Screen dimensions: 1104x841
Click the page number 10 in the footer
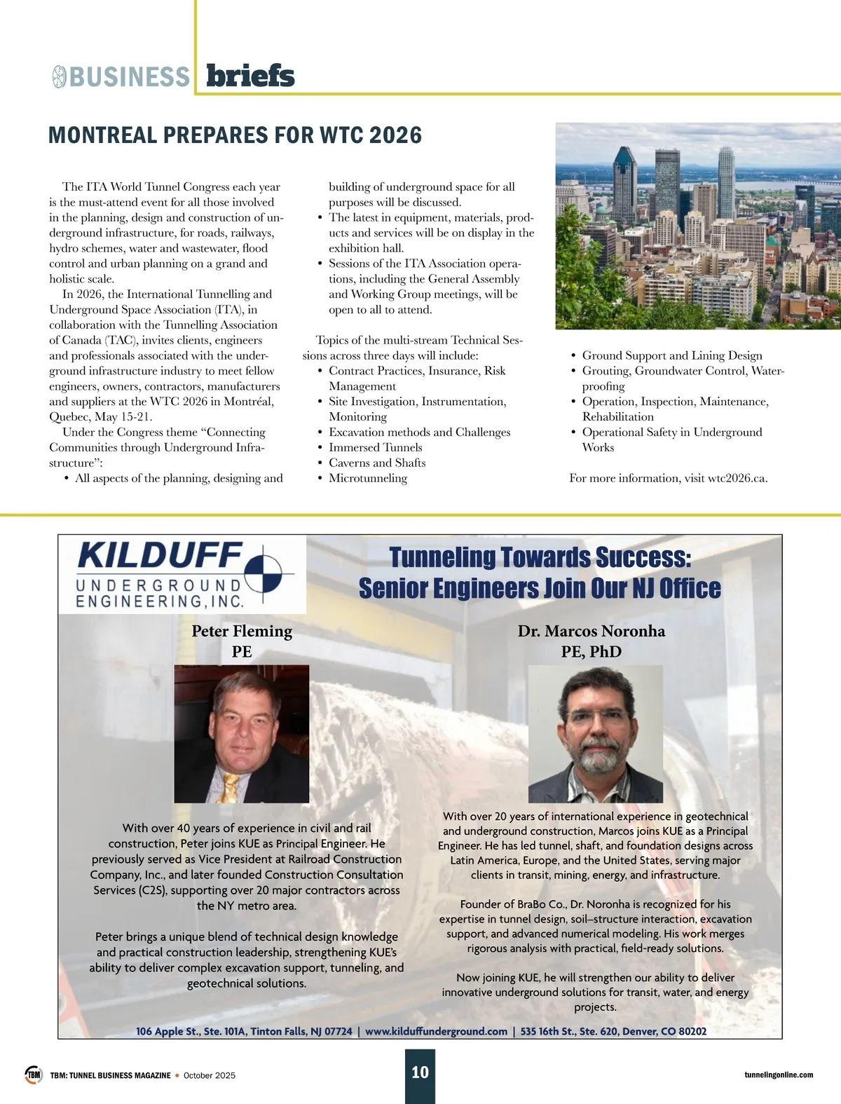420,1072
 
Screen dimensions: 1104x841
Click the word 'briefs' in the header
250,76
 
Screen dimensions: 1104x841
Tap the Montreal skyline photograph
697,226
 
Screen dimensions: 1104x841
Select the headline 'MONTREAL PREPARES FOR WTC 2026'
235,135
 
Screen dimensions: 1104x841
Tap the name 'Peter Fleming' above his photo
242,631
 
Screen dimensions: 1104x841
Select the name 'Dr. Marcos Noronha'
592,631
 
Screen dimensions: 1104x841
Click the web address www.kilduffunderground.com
436,1031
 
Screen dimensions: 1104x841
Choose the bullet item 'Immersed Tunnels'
375,447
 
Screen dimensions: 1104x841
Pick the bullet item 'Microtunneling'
368,478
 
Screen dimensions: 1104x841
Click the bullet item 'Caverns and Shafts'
377,463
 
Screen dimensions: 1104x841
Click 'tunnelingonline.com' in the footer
779,1075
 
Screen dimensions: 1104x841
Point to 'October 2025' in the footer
210,1075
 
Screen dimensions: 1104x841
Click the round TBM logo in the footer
33,1075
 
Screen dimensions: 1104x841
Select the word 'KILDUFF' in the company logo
160,555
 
